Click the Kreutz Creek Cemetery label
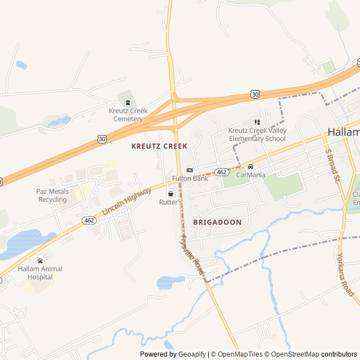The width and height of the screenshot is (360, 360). pyautogui.click(x=128, y=115)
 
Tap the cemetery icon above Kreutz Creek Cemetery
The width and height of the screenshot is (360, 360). pyautogui.click(x=128, y=102)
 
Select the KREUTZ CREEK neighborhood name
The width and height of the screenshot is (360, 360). pyautogui.click(x=159, y=146)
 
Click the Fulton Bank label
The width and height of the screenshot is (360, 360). pyautogui.click(x=190, y=178)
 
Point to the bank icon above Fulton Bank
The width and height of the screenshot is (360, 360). pyautogui.click(x=190, y=170)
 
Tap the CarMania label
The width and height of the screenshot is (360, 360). pyautogui.click(x=250, y=175)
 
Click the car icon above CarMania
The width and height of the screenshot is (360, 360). pyautogui.click(x=250, y=166)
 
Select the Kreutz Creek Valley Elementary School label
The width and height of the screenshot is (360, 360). pyautogui.click(x=257, y=134)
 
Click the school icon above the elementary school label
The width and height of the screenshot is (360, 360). pyautogui.click(x=257, y=122)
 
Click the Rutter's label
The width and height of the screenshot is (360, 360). pyautogui.click(x=170, y=202)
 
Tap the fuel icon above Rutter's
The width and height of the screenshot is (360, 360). pyautogui.click(x=170, y=193)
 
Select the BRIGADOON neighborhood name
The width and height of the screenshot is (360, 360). pyautogui.click(x=217, y=222)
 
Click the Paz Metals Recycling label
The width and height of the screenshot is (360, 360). pyautogui.click(x=52, y=195)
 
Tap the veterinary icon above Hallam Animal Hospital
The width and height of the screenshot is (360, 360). pyautogui.click(x=40, y=260)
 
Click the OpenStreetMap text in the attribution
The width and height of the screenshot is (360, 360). pyautogui.click(x=295, y=354)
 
